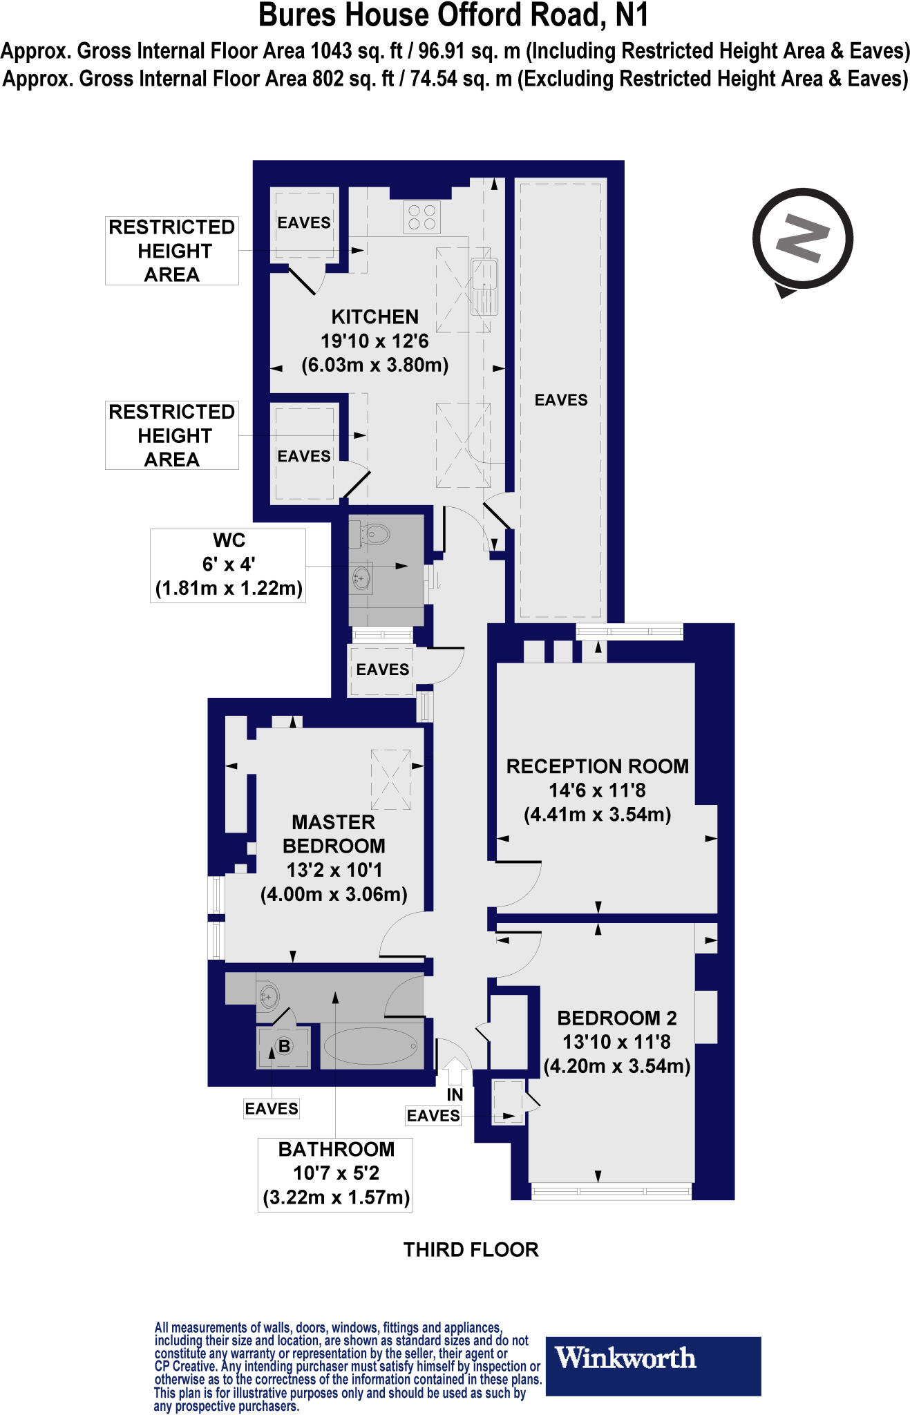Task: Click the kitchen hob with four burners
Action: (422, 216)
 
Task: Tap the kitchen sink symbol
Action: (484, 287)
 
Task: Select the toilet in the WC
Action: (374, 533)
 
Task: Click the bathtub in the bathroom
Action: (372, 1047)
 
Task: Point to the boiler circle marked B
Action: (284, 1046)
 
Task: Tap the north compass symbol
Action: (802, 240)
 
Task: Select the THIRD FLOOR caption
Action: (471, 1249)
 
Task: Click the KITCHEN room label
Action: (375, 317)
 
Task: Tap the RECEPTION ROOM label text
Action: (598, 766)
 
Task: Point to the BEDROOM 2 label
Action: (617, 1018)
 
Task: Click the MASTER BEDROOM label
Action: (334, 834)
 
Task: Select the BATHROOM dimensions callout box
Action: (336, 1174)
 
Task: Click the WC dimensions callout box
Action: (228, 565)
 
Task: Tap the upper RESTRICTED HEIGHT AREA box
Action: (172, 251)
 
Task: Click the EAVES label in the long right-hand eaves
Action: (561, 400)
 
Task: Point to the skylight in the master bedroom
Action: (391, 779)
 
